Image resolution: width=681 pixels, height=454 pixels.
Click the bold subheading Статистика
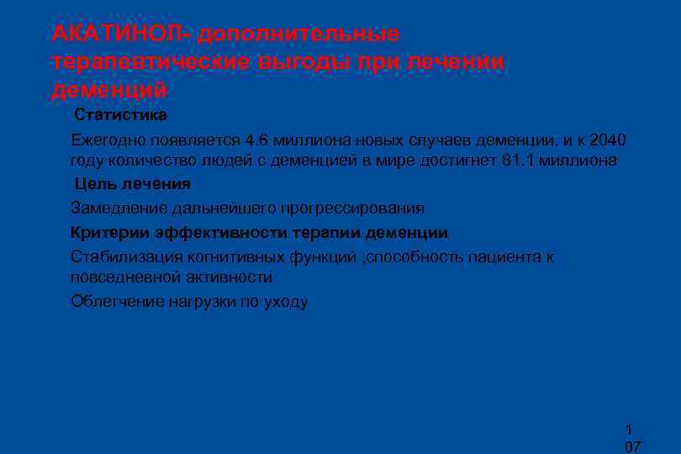coord(120,114)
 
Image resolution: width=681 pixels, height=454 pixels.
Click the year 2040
coord(609,139)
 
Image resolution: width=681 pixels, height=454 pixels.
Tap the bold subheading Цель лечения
coord(132,183)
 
